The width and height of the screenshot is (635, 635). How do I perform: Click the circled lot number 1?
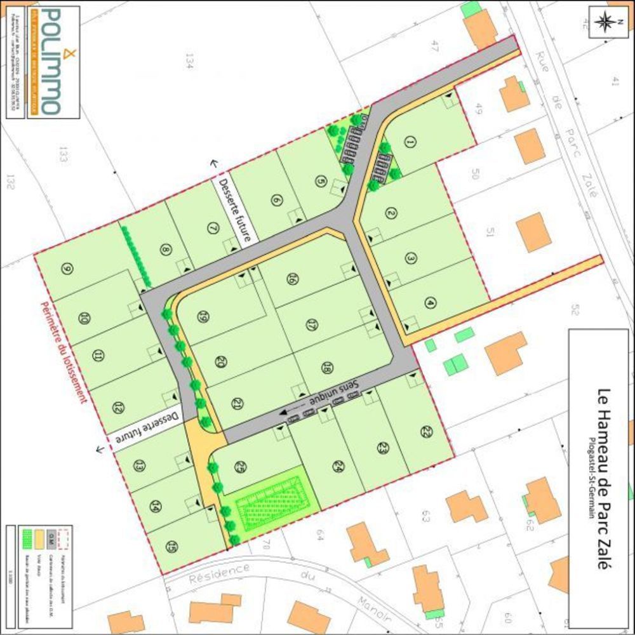tap(410, 143)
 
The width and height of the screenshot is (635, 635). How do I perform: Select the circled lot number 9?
tap(67, 269)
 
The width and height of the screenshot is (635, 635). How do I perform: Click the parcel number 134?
tap(189, 60)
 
